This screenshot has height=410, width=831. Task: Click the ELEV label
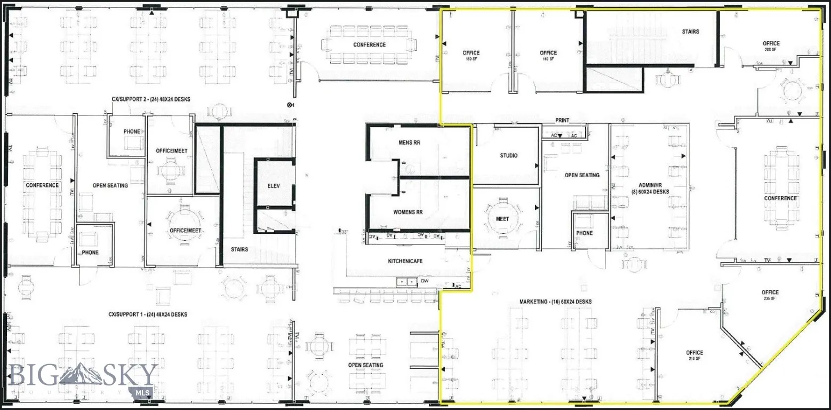coord(274,186)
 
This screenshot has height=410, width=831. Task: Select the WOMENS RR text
coord(408,212)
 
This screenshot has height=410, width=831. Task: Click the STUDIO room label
coord(508,156)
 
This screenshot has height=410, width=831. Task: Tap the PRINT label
coord(562,121)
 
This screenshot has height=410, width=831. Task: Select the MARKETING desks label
coord(555,302)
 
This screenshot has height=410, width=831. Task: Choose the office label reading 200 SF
coord(771,46)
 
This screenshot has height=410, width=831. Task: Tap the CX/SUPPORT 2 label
coord(150,99)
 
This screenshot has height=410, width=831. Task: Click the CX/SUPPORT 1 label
coord(148,315)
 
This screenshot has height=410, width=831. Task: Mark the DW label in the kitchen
coord(425,280)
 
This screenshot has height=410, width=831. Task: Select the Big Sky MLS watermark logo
coord(83,379)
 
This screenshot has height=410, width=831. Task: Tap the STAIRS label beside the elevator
coord(239,249)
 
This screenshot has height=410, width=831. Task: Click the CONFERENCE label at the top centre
coord(369,45)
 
